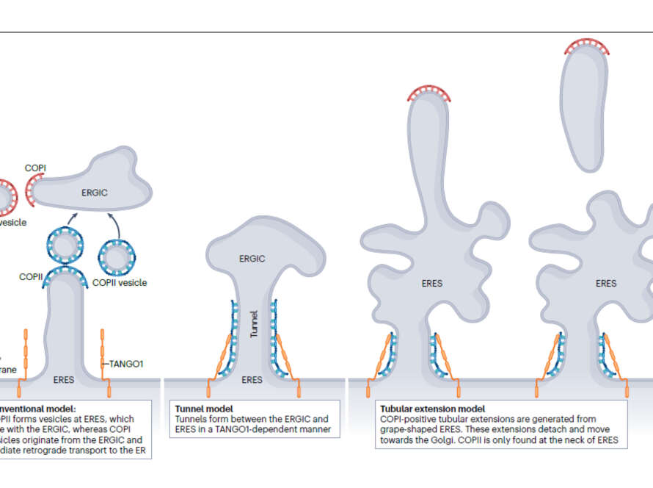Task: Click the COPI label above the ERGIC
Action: point(35,168)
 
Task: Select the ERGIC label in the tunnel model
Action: point(252,259)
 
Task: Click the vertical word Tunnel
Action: point(254,324)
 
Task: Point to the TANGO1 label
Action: point(127,362)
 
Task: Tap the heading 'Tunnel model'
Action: point(204,409)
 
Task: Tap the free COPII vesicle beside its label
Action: point(117,257)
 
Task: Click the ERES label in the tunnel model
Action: point(252,380)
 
